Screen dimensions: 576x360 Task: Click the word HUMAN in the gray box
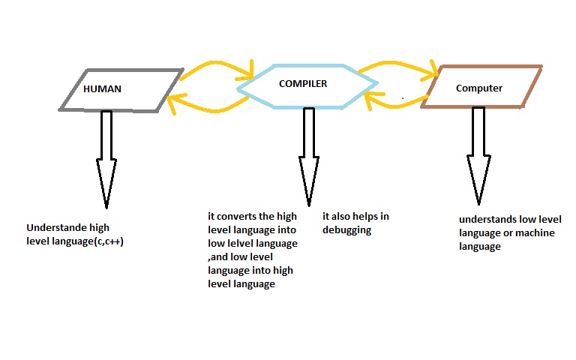pyautogui.click(x=102, y=89)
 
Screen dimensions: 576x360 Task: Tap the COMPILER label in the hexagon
pyautogui.click(x=303, y=84)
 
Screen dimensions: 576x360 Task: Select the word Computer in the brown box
pyautogui.click(x=479, y=88)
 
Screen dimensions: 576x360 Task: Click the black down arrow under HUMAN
pyautogui.click(x=106, y=159)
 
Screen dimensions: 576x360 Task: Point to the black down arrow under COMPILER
pyautogui.click(x=309, y=157)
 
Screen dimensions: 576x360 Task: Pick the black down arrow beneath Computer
pyautogui.click(x=478, y=156)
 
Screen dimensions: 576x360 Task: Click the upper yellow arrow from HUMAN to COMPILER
pyautogui.click(x=217, y=64)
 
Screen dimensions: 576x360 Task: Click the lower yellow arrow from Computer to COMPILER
pyautogui.click(x=397, y=104)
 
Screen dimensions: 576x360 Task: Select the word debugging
pyautogui.click(x=346, y=231)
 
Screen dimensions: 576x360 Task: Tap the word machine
pyautogui.click(x=535, y=233)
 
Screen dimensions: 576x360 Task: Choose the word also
pyautogui.click(x=340, y=216)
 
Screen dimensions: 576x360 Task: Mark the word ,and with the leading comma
pyautogui.click(x=217, y=257)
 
